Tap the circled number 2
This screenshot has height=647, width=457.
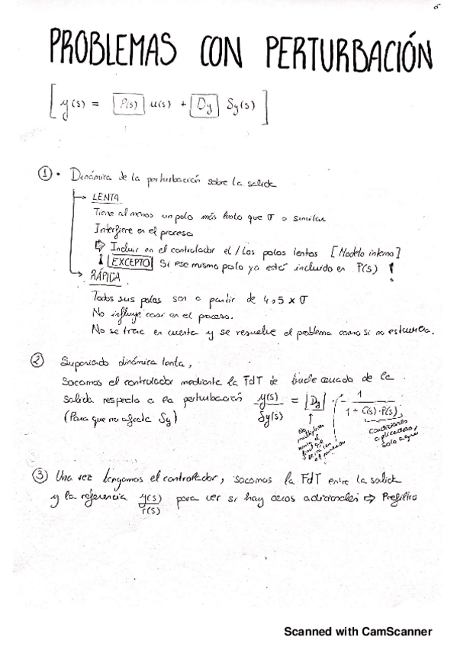pos(46,358)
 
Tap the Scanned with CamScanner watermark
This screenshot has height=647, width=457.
pos(358,631)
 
